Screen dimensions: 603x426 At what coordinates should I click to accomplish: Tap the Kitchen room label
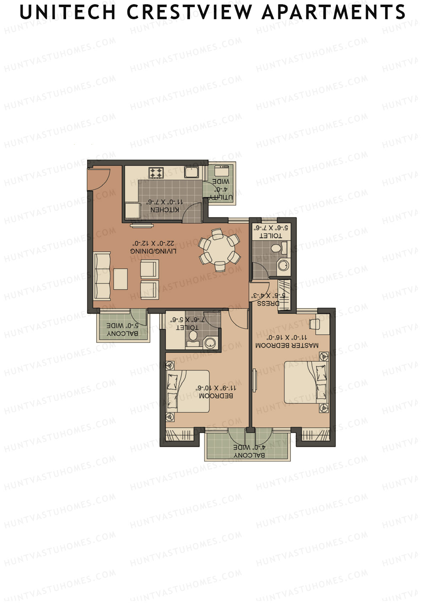pyautogui.click(x=165, y=210)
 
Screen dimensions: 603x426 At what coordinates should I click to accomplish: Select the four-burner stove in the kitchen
pyautogui.click(x=157, y=173)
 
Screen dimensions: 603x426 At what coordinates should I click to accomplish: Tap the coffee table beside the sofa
pyautogui.click(x=121, y=279)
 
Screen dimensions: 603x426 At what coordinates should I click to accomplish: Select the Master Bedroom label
pyautogui.click(x=287, y=345)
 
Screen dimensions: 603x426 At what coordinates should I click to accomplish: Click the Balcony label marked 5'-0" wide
pyautogui.click(x=122, y=334)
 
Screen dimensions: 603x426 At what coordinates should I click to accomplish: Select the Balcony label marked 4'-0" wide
pyautogui.click(x=249, y=455)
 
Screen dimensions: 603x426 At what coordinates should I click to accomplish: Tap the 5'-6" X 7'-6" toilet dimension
pyautogui.click(x=272, y=227)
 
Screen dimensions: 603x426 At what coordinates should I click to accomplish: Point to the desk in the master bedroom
pyautogui.click(x=319, y=325)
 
